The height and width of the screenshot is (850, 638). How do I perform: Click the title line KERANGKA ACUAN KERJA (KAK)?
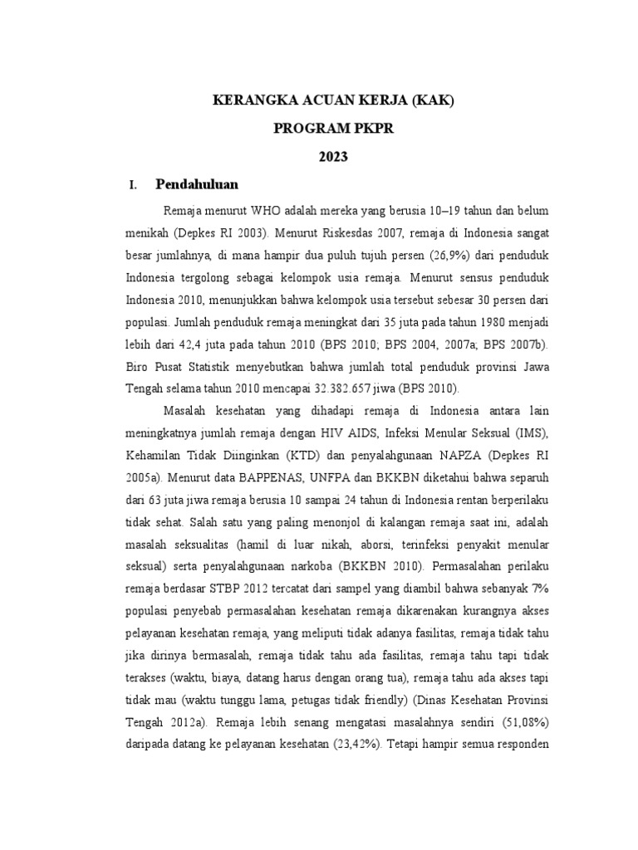tap(335, 100)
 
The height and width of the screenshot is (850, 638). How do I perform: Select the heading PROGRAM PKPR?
tap(335, 129)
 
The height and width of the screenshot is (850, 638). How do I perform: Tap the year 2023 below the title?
tap(335, 157)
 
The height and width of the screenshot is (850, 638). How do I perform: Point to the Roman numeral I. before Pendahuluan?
tap(131, 185)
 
